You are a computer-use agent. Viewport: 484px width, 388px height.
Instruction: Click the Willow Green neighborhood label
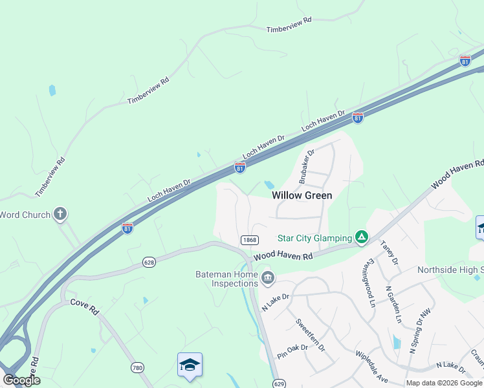[302, 195]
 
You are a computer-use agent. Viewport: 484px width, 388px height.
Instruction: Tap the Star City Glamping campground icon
[362, 238]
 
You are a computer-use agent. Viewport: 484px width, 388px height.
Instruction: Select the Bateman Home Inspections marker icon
[268, 279]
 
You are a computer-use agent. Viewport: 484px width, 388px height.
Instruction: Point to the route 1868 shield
[250, 240]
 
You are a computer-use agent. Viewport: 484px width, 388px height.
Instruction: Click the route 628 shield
[149, 261]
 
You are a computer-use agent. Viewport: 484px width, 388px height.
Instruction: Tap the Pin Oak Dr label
[292, 352]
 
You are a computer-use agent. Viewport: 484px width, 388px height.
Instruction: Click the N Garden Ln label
[393, 304]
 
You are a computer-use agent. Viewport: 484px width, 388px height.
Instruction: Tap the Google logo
[21, 380]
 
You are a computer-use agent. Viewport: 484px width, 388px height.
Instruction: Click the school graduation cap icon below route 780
[190, 365]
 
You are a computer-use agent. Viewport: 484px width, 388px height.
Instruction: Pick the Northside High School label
[450, 270]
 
